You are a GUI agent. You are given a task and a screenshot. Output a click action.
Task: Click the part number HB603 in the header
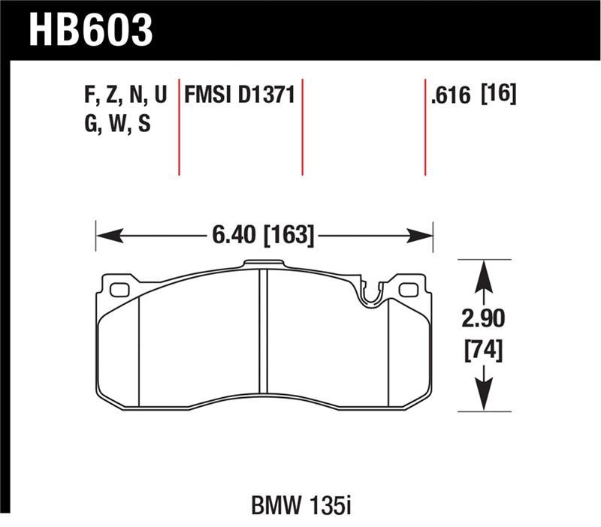click(x=91, y=30)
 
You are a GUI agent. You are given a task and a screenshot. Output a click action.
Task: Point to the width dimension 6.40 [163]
click(x=264, y=236)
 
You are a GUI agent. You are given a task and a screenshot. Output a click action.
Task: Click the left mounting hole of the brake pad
click(x=119, y=290)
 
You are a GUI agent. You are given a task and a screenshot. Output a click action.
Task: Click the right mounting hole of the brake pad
click(x=407, y=290)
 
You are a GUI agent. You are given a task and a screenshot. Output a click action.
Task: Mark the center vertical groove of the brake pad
click(x=263, y=330)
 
